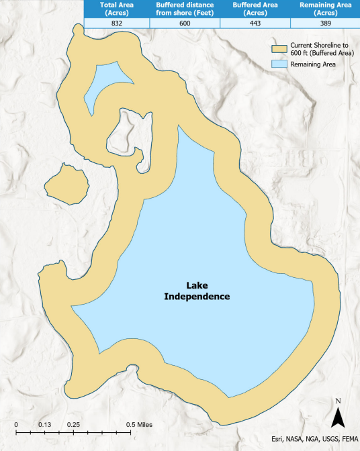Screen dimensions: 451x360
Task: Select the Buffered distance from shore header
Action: click(x=185, y=9)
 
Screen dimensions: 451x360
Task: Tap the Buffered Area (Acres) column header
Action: click(x=255, y=9)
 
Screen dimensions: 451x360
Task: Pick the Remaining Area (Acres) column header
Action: click(x=324, y=9)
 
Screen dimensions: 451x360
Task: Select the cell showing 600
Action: click(x=185, y=23)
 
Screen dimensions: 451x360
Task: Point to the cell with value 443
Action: click(x=255, y=23)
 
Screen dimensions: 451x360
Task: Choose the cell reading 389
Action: click(x=324, y=23)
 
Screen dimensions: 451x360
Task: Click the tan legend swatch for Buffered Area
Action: click(x=279, y=50)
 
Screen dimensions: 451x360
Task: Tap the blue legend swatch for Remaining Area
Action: click(x=279, y=64)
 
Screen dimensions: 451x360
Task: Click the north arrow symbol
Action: click(x=339, y=414)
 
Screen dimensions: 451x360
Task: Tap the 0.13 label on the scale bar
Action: click(x=46, y=425)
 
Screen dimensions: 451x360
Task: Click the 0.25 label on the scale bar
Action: click(x=75, y=425)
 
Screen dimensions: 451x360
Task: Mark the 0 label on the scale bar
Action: click(x=16, y=425)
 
